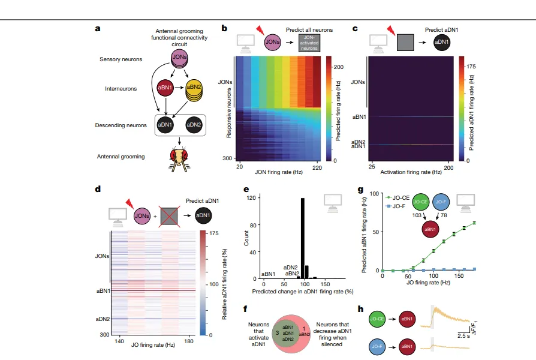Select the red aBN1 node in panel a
[164, 88]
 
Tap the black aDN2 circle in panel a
[194, 125]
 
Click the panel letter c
[356, 28]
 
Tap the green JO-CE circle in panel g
[421, 202]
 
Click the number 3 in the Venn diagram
[277, 331]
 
